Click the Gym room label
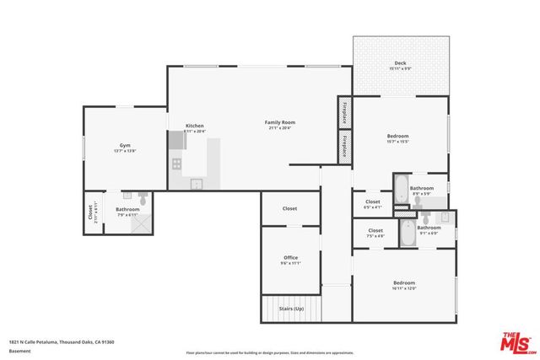tap(125, 146)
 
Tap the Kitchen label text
tap(195, 126)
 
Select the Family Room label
tap(282, 123)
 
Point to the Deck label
tap(401, 63)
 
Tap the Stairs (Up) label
tap(291, 309)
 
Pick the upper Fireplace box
tap(344, 112)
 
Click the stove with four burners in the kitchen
tap(177, 162)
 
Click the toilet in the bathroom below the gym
tap(144, 200)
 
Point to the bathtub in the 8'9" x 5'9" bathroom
tap(400, 187)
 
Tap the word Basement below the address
tap(19, 351)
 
